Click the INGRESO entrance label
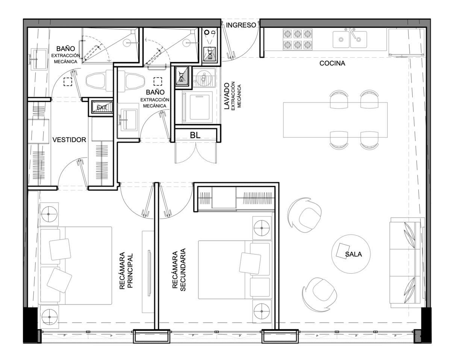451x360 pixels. point(241,25)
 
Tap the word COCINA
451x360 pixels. point(332,63)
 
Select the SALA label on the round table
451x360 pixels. point(354,254)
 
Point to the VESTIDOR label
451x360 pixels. point(69,140)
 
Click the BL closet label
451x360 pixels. point(195,135)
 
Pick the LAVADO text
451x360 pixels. point(227,96)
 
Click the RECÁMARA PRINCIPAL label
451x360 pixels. point(126,270)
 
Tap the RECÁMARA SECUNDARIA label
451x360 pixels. point(179,270)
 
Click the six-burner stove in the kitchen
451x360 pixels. point(298,39)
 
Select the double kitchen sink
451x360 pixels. point(350,39)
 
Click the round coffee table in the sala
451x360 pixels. point(351,254)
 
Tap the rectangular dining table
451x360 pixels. point(335,120)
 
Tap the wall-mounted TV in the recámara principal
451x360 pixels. point(149,273)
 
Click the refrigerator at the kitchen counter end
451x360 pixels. point(407,43)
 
